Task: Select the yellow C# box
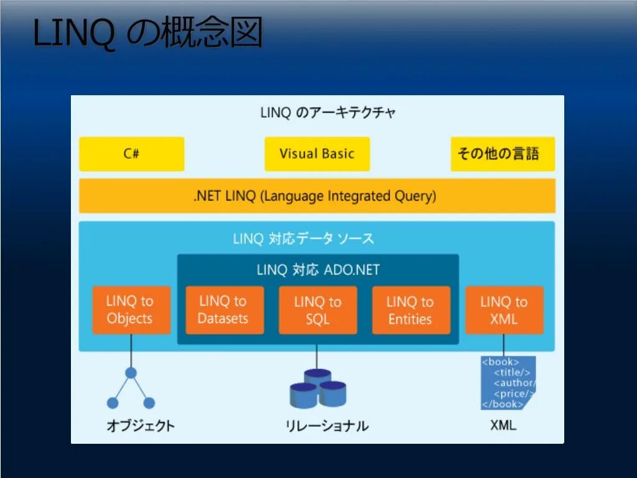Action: tap(131, 154)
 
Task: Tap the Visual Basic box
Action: tap(317, 154)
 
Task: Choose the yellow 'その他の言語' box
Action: tap(502, 154)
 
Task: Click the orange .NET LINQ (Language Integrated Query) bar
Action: tap(317, 196)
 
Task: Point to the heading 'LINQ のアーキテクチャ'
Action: tap(328, 113)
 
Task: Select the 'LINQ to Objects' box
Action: tap(131, 310)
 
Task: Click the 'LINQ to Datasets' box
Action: tap(224, 310)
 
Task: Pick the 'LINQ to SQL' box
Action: tap(317, 310)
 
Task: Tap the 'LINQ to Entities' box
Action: tap(411, 310)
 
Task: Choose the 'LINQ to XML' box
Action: tap(504, 310)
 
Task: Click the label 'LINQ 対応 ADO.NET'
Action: tap(318, 270)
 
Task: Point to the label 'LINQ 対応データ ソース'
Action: tap(304, 239)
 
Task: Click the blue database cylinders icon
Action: tap(317, 388)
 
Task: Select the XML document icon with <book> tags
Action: tap(508, 383)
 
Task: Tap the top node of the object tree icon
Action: tap(131, 373)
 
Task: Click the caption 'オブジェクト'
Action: tap(140, 426)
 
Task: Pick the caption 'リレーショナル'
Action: tap(327, 426)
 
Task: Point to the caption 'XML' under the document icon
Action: tap(503, 426)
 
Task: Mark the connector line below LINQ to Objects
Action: tap(131, 351)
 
